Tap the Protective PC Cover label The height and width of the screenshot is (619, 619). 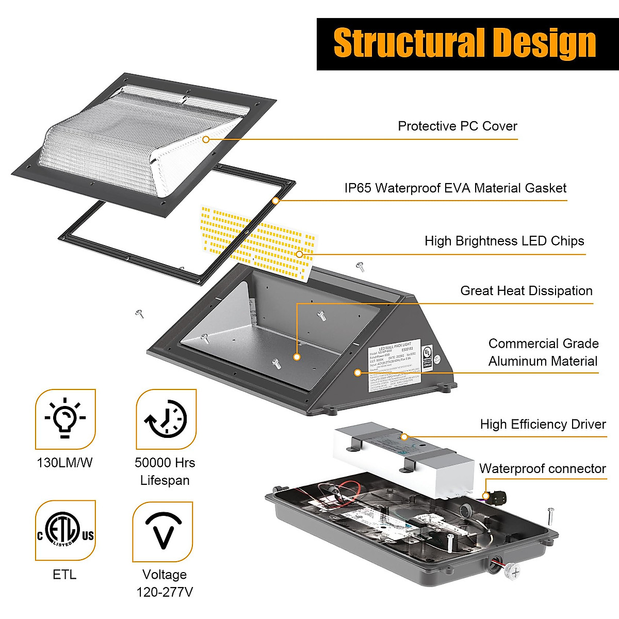pos(457,126)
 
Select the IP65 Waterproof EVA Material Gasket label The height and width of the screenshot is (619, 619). pos(455,188)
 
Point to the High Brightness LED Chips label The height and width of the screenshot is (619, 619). pos(504,241)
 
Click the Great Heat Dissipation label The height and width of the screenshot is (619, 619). pos(526,291)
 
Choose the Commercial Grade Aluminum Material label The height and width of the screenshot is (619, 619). pos(543,352)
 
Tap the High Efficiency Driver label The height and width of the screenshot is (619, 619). pos(543,425)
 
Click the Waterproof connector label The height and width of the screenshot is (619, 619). pos(542,469)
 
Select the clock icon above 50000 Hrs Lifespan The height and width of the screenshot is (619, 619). pos(166,419)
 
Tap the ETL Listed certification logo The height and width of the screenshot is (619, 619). pos(66,530)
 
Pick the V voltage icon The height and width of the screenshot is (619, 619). pos(163,531)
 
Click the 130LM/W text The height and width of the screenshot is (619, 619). pos(64,463)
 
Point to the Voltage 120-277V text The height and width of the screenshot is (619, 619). pos(165,583)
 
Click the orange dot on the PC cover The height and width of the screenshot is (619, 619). pos(206,139)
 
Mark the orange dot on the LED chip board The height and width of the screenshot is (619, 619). pos(299,254)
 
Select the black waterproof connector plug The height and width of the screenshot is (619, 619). pos(496,497)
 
